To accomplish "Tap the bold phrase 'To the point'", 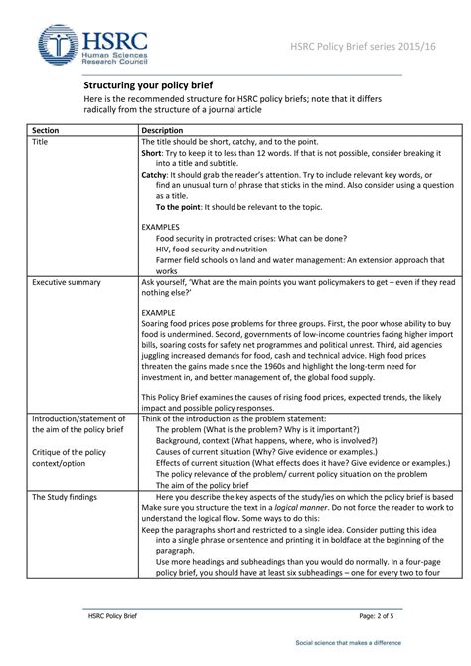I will pyautogui.click(x=179, y=207).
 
